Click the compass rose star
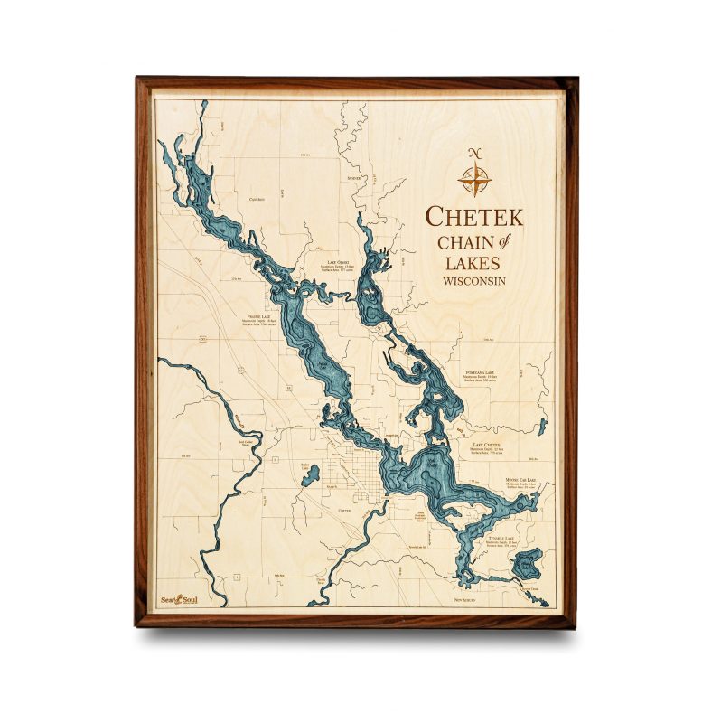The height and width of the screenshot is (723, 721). [474, 178]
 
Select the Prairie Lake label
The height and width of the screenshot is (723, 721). [259, 317]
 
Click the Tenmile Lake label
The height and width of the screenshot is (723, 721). [501, 538]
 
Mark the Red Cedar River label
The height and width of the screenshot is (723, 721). [244, 444]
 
